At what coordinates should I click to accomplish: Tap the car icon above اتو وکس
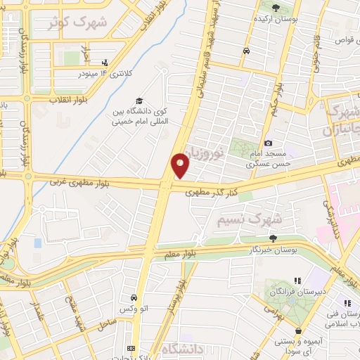(134, 298)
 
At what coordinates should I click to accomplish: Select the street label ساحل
(105, 323)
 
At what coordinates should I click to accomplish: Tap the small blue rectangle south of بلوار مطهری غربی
(37, 243)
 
